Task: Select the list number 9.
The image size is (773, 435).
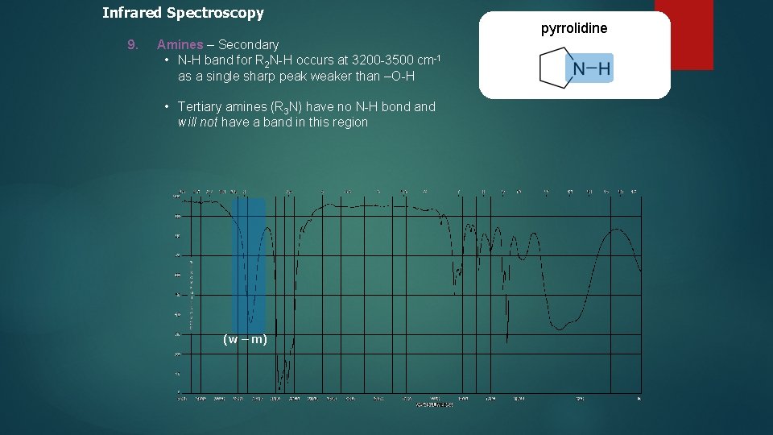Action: pyautogui.click(x=133, y=44)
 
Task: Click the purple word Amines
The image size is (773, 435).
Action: pyautogui.click(x=180, y=44)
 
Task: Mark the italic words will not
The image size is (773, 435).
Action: pyautogui.click(x=197, y=122)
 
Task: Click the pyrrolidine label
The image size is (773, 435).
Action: pyautogui.click(x=574, y=29)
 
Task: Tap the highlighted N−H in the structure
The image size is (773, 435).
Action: pyautogui.click(x=592, y=68)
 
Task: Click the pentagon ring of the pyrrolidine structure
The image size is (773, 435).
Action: pyautogui.click(x=555, y=68)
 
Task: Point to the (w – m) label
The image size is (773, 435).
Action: pyautogui.click(x=245, y=339)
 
